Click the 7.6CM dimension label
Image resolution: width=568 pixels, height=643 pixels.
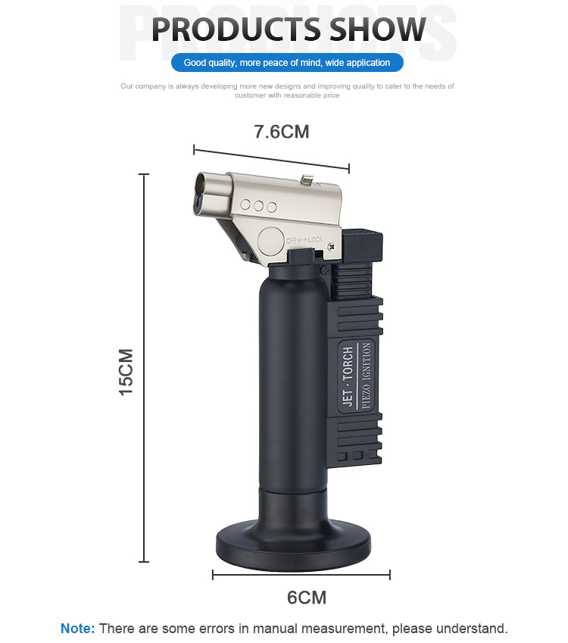point(281,132)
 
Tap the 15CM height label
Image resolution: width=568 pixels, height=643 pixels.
point(126,372)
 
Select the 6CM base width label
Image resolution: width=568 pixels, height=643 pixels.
point(307,598)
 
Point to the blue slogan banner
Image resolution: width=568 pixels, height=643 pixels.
point(287,63)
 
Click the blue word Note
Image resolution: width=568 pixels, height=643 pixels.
point(77,629)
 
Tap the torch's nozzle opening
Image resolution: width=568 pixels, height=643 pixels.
point(201,194)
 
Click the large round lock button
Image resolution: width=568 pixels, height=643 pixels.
point(271,242)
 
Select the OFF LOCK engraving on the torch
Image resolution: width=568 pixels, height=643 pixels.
point(304,240)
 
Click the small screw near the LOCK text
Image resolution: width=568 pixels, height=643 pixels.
point(332,246)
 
